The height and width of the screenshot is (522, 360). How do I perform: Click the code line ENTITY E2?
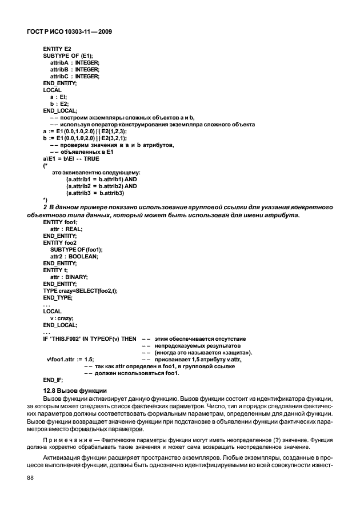pyautogui.click(x=57, y=50)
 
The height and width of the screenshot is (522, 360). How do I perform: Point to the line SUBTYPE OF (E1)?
pyautogui.click(x=71, y=56)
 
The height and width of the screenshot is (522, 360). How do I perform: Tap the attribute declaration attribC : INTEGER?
pyautogui.click(x=75, y=76)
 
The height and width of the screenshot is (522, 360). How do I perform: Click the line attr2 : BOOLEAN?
pyautogui.click(x=74, y=256)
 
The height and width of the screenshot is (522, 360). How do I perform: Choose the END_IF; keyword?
pyautogui.click(x=53, y=380)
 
